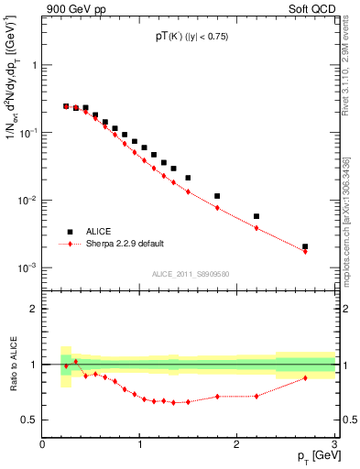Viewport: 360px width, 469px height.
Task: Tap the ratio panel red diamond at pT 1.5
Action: point(188,402)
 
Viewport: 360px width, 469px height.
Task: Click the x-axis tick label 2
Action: point(236,444)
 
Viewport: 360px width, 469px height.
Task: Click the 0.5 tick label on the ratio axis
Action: point(30,420)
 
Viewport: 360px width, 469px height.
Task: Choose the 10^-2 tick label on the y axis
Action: point(26,201)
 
